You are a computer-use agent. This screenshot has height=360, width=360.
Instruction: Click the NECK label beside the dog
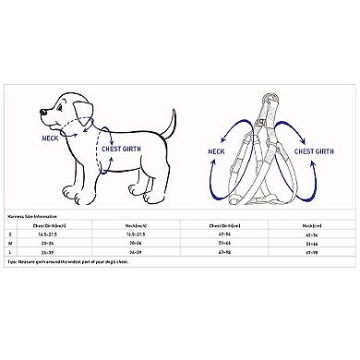(x=51, y=138)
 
